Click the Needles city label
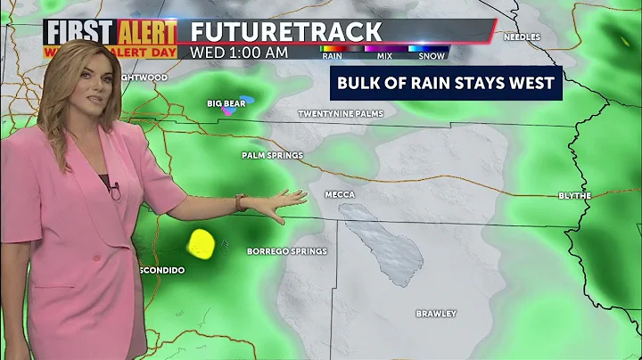[x=523, y=37]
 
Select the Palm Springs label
[x=272, y=155]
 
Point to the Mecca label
[x=339, y=194]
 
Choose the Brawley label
[x=436, y=314]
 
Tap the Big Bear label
[x=226, y=103]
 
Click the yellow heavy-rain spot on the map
[x=202, y=242]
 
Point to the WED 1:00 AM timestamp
[x=239, y=53]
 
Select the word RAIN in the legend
[x=332, y=55]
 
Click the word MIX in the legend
[x=384, y=55]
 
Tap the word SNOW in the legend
[x=433, y=55]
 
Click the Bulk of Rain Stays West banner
[x=446, y=84]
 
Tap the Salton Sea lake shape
[x=381, y=241]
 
